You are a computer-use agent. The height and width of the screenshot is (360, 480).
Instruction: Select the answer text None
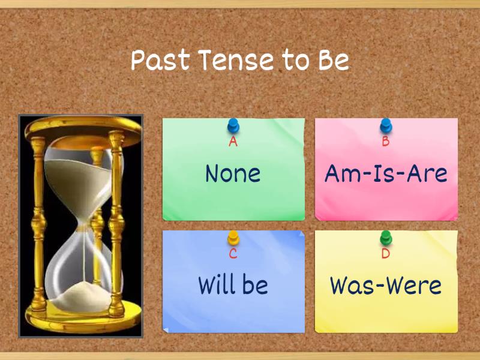233,173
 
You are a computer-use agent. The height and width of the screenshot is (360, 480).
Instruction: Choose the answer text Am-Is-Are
386,173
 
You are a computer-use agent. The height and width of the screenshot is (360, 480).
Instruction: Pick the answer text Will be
233,285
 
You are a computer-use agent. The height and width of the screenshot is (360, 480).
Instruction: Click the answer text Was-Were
386,285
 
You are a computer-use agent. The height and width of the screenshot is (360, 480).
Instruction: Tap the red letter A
233,142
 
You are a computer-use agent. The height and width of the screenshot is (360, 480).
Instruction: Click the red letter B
386,142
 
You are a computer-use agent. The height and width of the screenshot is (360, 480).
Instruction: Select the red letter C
233,253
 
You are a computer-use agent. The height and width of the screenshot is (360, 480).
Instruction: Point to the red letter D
386,253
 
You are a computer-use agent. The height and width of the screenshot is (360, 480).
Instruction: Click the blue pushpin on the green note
233,126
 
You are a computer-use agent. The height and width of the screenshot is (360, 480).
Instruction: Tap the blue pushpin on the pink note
386,126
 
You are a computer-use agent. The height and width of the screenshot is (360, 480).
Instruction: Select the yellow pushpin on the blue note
233,238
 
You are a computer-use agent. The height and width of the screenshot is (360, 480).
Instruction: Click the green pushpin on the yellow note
386,238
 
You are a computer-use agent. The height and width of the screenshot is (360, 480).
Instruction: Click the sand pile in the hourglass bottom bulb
79,296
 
